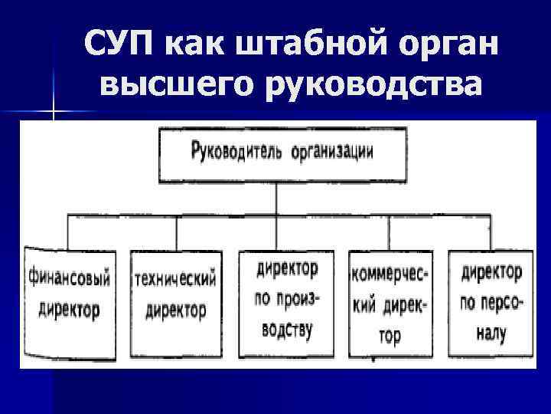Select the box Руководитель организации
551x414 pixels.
(282, 153)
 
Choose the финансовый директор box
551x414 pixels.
(68, 302)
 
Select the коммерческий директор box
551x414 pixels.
(390, 304)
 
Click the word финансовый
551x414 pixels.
(68, 278)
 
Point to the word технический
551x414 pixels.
(175, 278)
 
